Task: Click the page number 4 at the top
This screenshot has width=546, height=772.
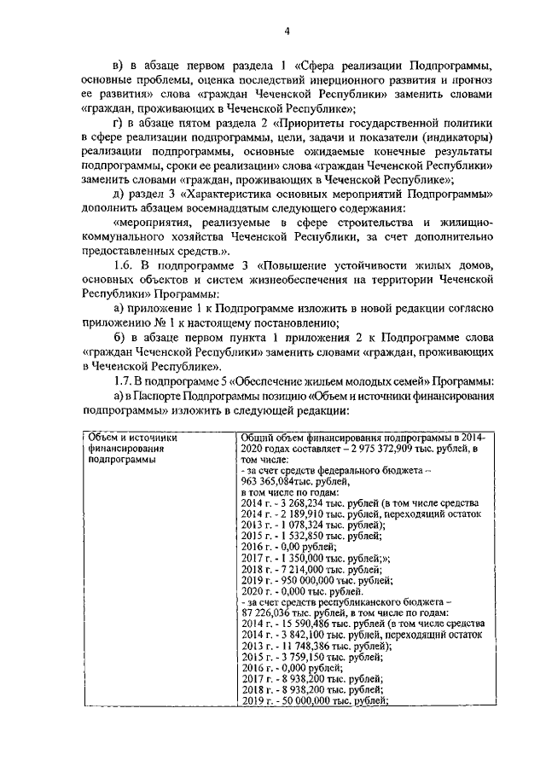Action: pyautogui.click(x=288, y=32)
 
